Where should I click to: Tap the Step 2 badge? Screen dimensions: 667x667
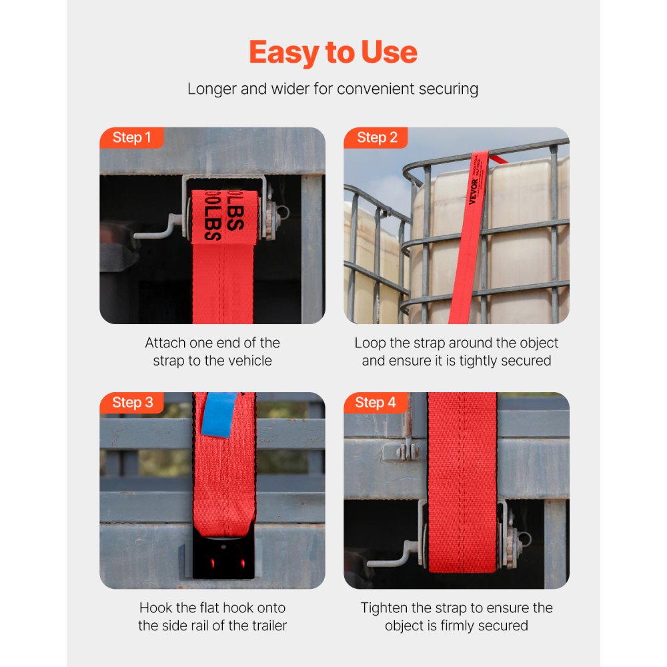tap(377, 138)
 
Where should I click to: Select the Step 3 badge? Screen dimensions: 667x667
tap(132, 403)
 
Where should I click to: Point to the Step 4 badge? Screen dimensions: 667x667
tap(376, 403)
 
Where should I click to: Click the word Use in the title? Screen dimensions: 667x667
tap(388, 53)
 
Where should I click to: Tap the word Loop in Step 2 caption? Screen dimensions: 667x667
tap(370, 343)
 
